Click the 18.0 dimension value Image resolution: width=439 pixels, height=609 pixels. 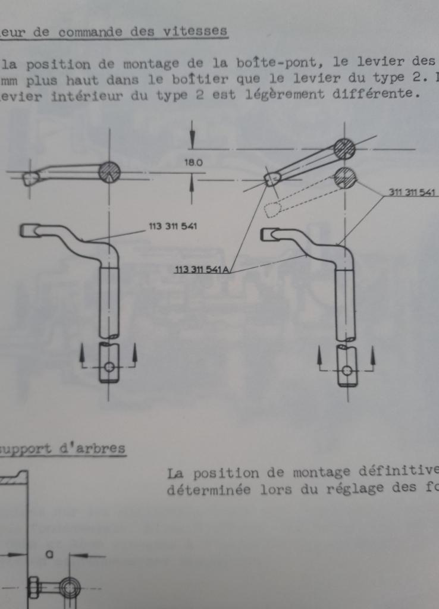pos(193,163)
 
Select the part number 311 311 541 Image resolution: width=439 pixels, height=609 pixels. pos(412,192)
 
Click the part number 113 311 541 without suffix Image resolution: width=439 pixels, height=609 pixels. pos(173,226)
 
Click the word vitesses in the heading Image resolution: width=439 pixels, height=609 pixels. pos(195,30)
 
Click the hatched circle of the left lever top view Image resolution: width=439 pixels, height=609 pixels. pos(109,172)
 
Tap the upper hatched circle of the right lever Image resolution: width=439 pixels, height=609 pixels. pos(344,149)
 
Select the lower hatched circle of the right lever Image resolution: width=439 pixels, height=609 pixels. pos(346,177)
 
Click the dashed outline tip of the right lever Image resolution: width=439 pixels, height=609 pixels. pos(272,210)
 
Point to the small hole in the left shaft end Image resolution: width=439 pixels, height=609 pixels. pos(109,366)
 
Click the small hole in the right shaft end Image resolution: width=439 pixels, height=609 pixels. pos(347,371)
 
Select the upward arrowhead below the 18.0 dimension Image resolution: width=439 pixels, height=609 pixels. pos(192,183)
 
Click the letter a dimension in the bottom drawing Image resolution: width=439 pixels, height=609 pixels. pos(49,555)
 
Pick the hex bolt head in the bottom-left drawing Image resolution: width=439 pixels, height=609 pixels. pos(33,588)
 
